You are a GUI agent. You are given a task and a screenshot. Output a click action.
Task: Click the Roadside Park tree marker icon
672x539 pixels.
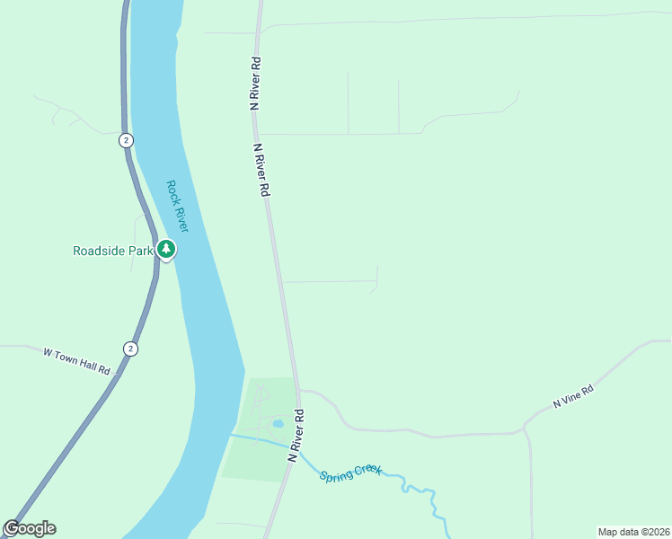[166, 249]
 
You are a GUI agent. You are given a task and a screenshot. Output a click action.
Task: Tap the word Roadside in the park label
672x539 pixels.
[100, 252]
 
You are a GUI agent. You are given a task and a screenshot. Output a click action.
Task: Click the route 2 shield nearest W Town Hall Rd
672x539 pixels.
[130, 349]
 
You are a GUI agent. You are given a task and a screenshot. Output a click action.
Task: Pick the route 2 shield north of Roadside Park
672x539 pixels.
[127, 140]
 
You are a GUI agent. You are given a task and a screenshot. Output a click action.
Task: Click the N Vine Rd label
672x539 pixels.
[574, 397]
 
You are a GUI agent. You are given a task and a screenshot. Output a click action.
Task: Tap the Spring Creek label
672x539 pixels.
[350, 472]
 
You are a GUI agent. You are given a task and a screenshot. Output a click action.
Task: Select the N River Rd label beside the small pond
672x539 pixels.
[297, 436]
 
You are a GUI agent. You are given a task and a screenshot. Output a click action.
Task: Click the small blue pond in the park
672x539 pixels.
[279, 423]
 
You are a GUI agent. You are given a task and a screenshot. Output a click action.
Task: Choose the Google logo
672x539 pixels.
[30, 528]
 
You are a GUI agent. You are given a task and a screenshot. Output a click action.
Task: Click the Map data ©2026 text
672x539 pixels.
[632, 531]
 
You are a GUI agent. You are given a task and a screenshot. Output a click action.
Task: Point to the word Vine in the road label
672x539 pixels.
[575, 396]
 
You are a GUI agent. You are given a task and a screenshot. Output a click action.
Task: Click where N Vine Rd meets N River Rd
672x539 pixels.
[298, 391]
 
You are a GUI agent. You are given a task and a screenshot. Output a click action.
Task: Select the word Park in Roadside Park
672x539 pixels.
[141, 252]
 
